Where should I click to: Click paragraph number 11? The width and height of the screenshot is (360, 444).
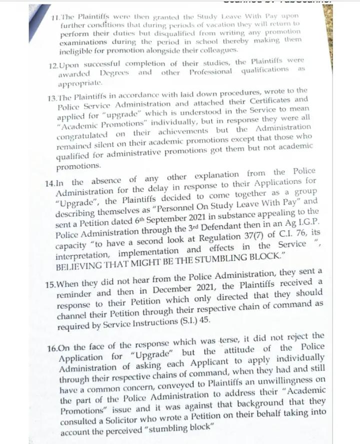point(56,17)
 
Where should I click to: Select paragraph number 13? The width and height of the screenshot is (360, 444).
point(53,99)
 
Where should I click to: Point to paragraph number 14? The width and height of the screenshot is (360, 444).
point(50,183)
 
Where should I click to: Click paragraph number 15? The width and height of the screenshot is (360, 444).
point(50,284)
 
